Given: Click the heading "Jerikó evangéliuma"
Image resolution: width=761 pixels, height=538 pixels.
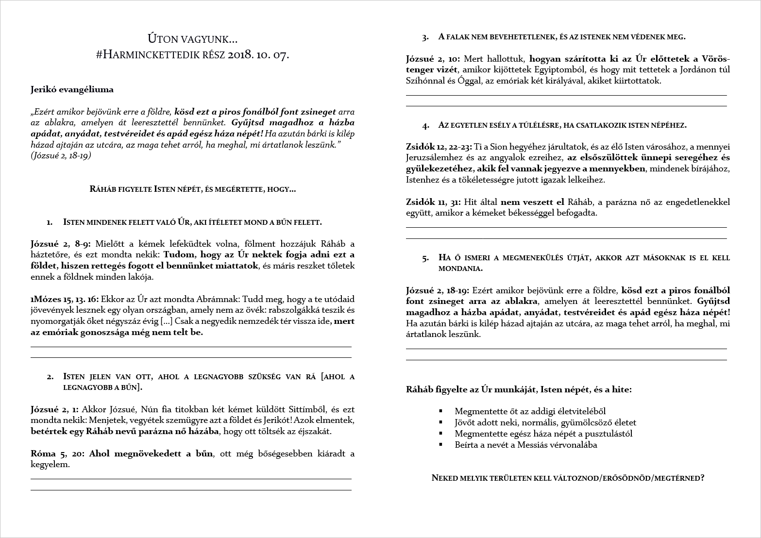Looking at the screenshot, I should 72,89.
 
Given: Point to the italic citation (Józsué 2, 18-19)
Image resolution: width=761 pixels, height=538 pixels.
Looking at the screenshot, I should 61,156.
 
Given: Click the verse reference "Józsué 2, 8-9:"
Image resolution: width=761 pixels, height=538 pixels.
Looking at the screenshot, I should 63,244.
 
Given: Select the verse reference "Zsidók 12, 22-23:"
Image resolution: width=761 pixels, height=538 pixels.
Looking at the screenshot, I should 439,147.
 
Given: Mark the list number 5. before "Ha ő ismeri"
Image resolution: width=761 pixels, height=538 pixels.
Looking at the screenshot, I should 426,258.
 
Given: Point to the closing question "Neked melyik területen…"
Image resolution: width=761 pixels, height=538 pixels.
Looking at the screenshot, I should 568,478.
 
